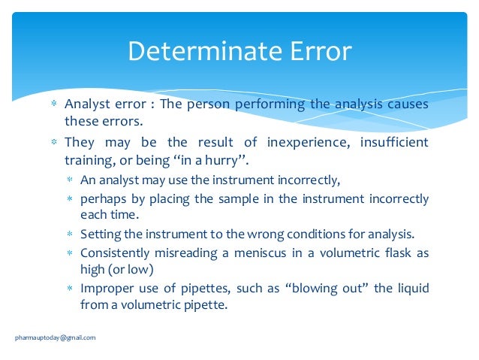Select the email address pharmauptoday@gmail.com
coord(56,337)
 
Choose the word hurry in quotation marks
coord(231,159)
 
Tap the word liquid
coord(410,289)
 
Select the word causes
coord(408,104)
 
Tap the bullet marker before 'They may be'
coord(53,141)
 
